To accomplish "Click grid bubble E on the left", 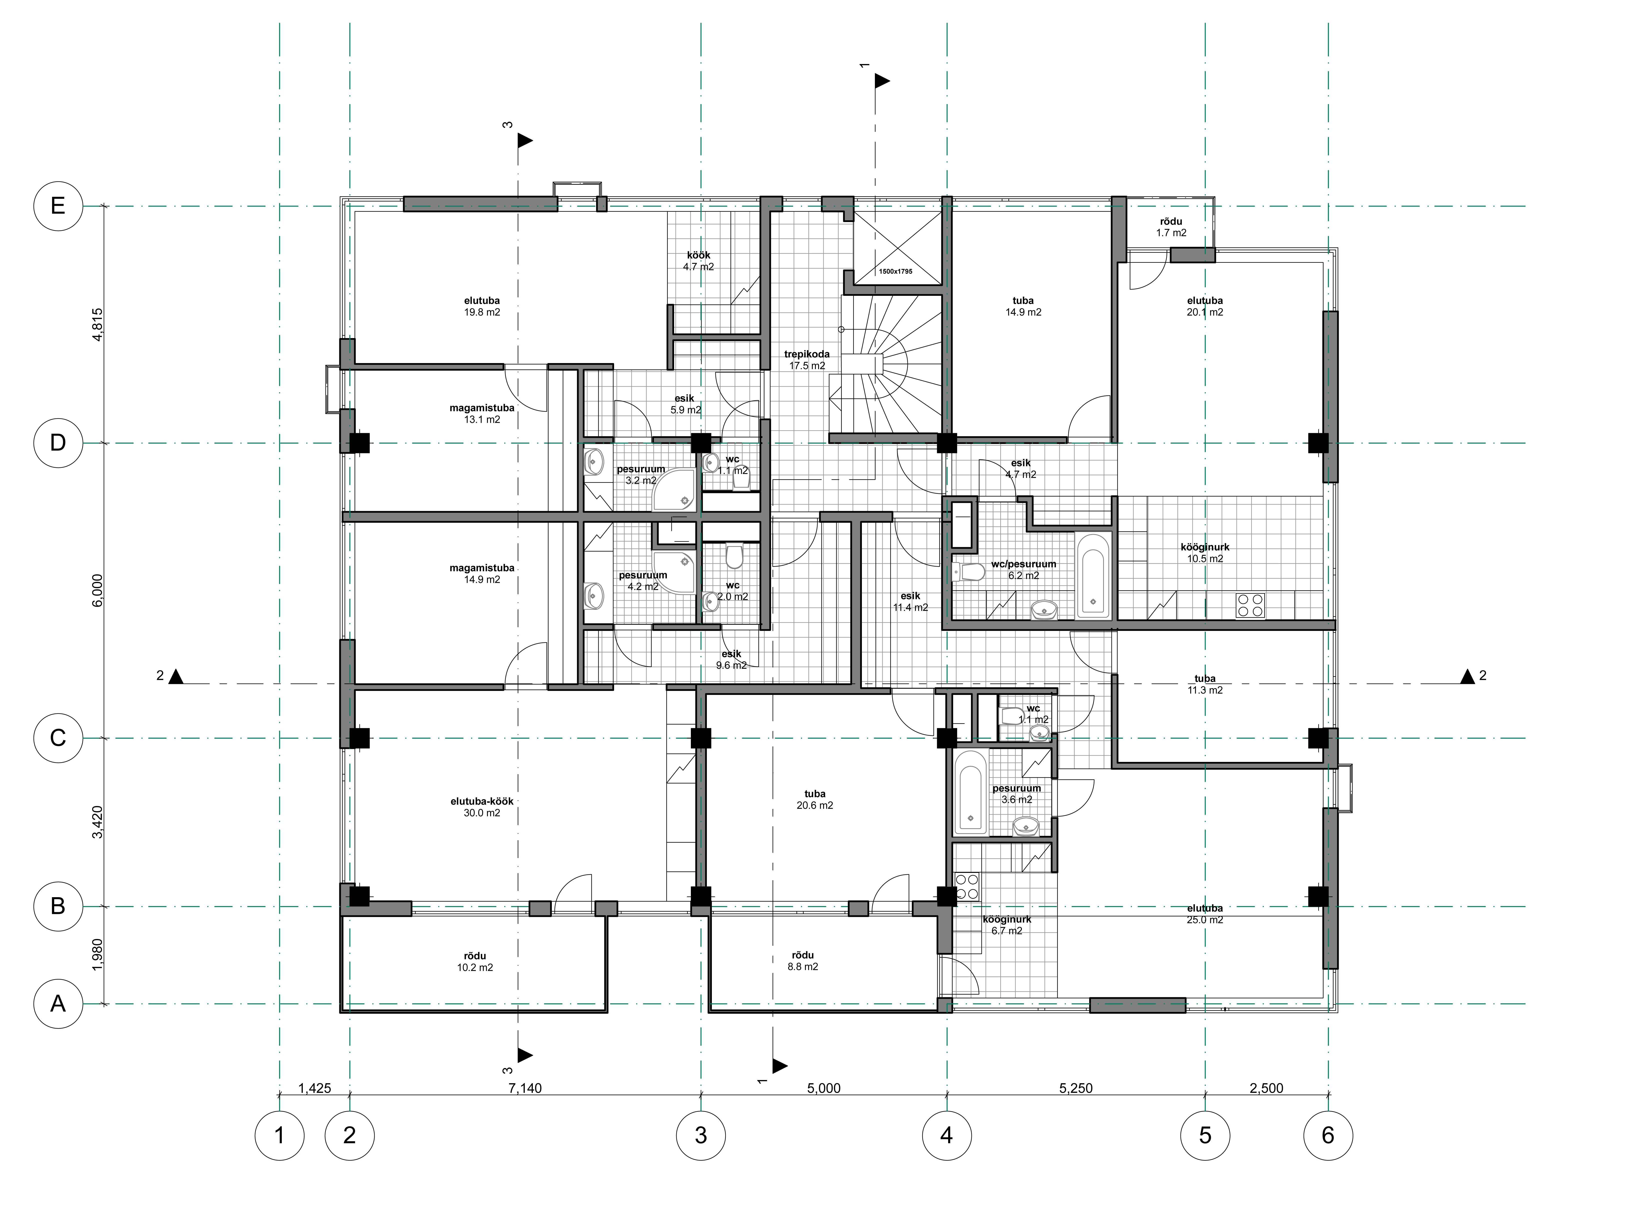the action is click(x=58, y=206).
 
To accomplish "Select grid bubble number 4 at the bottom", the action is click(x=947, y=1135).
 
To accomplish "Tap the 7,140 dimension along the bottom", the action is click(x=525, y=1088).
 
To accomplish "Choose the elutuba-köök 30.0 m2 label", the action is click(x=482, y=807).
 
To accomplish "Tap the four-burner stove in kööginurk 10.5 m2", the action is click(x=1250, y=605).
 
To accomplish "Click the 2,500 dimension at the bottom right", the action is click(x=1266, y=1088).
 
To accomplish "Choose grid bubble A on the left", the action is click(x=58, y=1004).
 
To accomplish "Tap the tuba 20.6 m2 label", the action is click(x=815, y=800).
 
